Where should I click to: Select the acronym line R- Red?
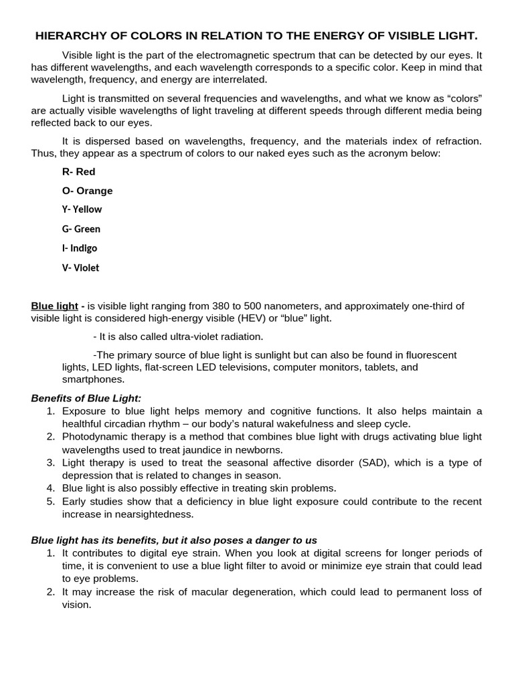click(78, 172)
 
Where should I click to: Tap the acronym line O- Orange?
click(87, 191)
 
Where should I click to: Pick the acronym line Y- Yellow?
click(82, 209)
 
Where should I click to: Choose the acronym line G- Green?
click(81, 229)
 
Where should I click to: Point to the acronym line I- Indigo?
click(80, 248)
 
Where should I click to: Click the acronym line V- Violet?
click(80, 268)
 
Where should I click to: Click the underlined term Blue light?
click(54, 306)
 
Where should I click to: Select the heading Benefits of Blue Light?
click(86, 398)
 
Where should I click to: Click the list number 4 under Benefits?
click(50, 488)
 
